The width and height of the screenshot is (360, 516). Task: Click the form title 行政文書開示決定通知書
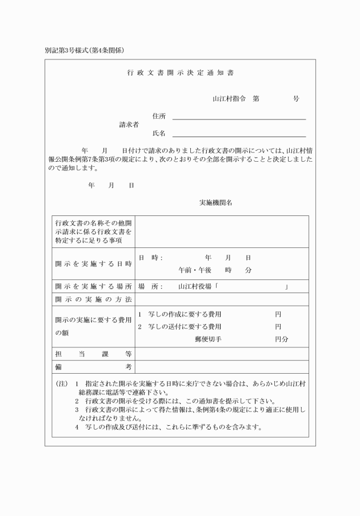[180, 73]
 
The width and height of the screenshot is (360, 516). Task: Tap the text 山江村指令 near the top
[229, 98]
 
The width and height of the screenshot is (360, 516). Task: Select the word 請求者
[129, 125]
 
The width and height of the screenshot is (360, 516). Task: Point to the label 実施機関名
[215, 203]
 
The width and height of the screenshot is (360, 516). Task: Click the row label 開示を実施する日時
[93, 263]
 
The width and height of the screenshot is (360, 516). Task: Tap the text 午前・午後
[195, 270]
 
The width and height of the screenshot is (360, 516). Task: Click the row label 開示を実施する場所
[93, 286]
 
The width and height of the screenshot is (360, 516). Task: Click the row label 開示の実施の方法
[93, 299]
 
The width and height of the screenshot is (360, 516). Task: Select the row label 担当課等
[93, 354]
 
